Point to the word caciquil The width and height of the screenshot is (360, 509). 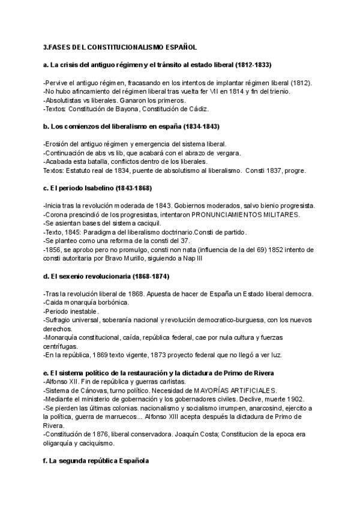(x=152, y=224)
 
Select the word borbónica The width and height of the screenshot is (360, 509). (x=109, y=304)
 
